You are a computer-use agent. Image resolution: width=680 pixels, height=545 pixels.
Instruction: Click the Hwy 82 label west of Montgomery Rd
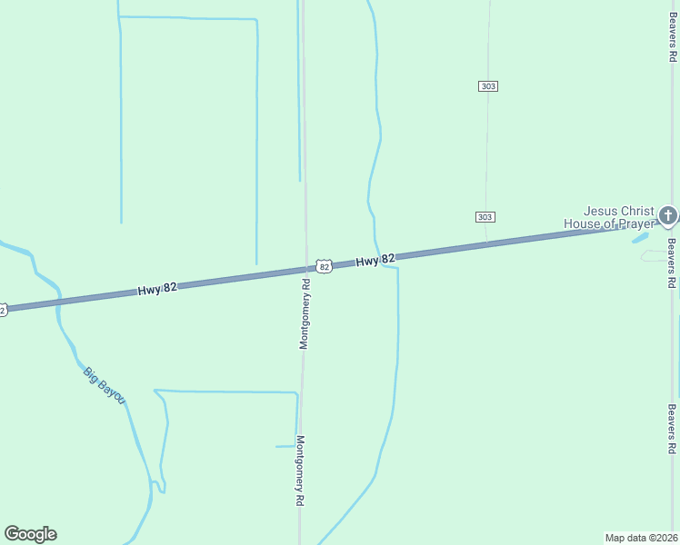coord(157,288)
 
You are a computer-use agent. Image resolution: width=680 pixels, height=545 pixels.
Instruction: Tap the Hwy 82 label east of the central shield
coord(375,261)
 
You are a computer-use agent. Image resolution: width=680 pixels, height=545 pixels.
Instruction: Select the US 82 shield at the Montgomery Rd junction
coord(324,266)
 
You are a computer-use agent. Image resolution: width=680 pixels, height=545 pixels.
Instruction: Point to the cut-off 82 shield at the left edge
coord(3,311)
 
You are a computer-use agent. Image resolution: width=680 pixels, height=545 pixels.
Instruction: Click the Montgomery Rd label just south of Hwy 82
coord(305,313)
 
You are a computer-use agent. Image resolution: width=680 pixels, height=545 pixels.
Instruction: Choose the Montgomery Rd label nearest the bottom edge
coord(300,470)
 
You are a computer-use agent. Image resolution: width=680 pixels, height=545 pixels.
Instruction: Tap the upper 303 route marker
coord(488,86)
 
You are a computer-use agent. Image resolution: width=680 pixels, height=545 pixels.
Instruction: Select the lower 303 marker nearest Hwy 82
coord(485,217)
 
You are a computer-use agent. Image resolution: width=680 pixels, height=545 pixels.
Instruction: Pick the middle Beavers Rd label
coord(672,263)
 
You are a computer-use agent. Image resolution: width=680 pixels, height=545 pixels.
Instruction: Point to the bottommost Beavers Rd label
coord(672,429)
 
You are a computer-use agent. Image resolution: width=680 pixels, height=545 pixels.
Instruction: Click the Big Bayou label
coord(104,385)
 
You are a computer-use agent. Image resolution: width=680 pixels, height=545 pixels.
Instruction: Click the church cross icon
coord(668,216)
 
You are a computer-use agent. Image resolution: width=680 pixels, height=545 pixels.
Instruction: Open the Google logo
coord(30,534)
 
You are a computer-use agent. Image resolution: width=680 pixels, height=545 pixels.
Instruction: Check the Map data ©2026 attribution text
coord(641,537)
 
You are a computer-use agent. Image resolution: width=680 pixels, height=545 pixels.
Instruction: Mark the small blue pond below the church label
coord(641,238)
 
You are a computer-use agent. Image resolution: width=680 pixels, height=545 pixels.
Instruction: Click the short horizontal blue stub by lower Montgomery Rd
coord(285,446)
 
